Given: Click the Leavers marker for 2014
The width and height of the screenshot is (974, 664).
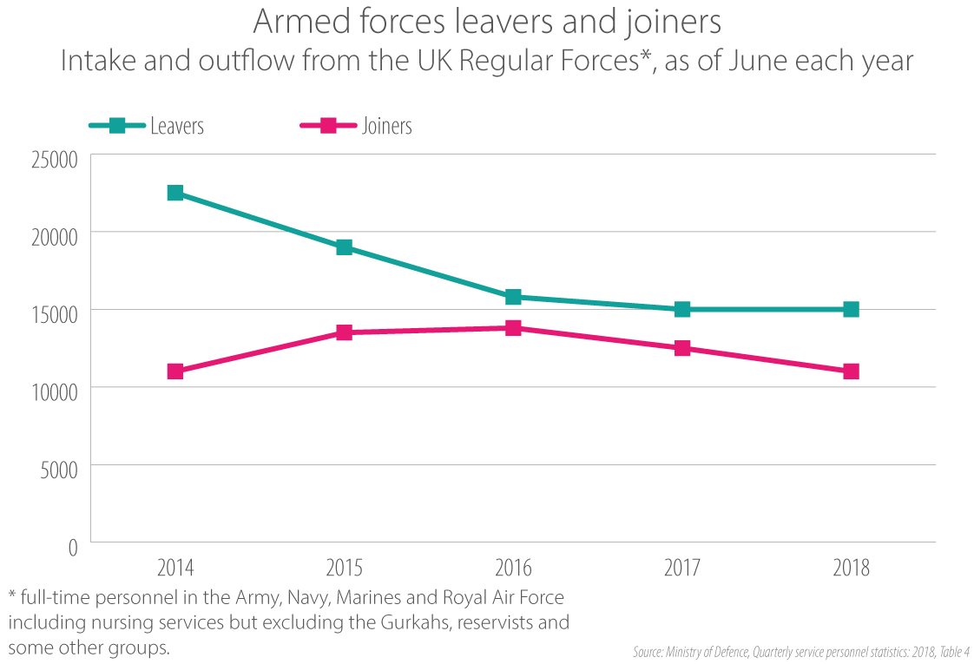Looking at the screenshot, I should click(x=175, y=193).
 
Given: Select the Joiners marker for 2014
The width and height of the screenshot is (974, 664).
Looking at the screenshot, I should click(x=175, y=371).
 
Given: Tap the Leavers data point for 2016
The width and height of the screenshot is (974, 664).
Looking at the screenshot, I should click(x=513, y=297).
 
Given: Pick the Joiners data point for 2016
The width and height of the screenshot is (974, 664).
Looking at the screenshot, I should click(x=513, y=328).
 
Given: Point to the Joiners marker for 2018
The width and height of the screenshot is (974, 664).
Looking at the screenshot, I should click(x=851, y=371).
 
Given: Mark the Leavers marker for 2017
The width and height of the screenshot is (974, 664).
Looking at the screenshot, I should click(x=682, y=309).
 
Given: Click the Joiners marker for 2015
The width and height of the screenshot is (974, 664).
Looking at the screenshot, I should click(x=345, y=332).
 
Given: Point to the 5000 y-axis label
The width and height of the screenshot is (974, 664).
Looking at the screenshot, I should click(x=60, y=469).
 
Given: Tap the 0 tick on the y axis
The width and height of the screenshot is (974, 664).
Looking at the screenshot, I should click(x=72, y=547).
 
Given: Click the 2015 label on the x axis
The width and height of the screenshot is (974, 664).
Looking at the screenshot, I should click(x=345, y=569).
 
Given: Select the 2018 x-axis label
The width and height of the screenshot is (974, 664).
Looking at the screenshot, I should click(x=851, y=569).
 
